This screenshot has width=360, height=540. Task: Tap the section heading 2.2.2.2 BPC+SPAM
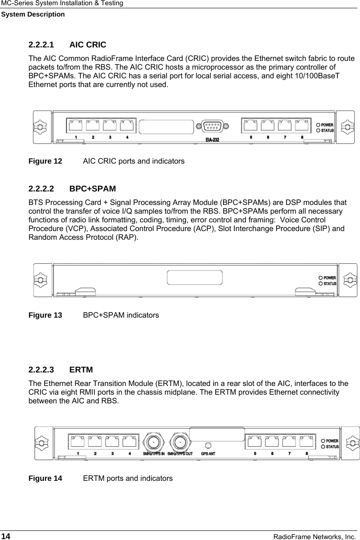[72, 189]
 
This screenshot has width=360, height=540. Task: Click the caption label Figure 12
[45, 161]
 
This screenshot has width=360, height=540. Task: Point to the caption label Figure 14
[45, 479]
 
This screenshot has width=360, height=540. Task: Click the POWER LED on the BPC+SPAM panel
[321, 277]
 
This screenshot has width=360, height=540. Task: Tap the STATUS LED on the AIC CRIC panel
[319, 130]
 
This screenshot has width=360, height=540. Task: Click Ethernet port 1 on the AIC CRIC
[75, 125]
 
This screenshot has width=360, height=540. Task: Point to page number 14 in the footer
[6, 537]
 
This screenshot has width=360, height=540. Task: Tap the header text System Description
[33, 14]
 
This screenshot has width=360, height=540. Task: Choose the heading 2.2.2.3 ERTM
[60, 370]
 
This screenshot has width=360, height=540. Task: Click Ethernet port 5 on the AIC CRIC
[250, 125]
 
